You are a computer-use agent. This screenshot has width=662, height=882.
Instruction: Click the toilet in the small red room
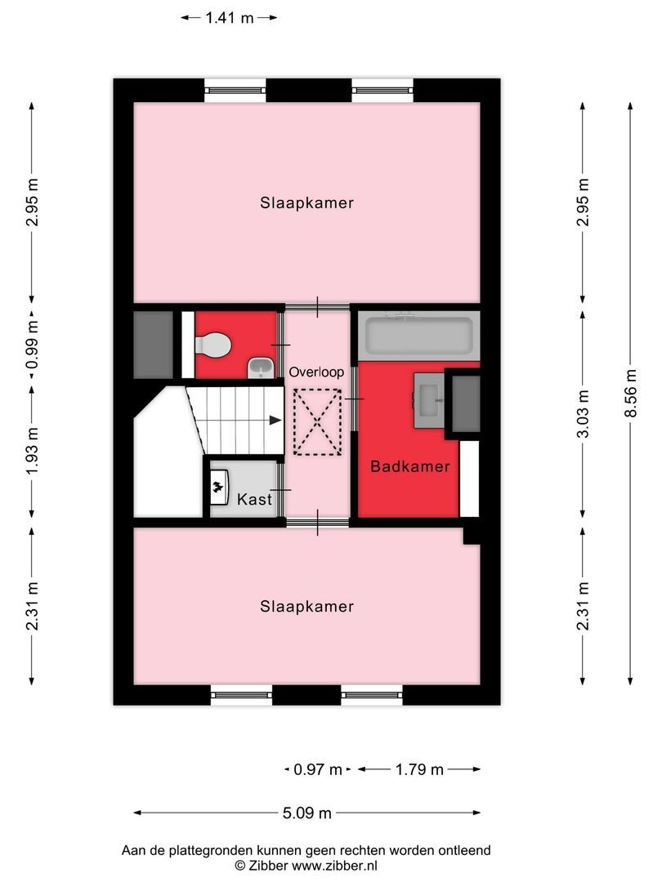(x=212, y=346)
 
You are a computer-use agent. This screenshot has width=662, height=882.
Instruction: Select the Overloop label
(x=316, y=372)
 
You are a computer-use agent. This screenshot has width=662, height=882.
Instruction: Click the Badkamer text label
(x=409, y=467)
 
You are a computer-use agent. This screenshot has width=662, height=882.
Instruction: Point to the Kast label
(x=253, y=499)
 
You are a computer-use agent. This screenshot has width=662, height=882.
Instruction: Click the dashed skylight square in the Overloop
(x=317, y=421)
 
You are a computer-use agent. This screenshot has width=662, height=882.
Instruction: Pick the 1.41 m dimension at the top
(x=229, y=17)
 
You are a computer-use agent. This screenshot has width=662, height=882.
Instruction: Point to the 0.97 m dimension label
(x=318, y=769)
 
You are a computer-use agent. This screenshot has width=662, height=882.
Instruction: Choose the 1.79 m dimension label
(x=418, y=769)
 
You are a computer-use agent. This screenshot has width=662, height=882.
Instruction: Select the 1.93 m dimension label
(x=32, y=451)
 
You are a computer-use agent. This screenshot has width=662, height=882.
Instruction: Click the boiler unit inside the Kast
(x=219, y=488)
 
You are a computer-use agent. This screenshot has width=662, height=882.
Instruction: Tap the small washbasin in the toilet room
(x=260, y=369)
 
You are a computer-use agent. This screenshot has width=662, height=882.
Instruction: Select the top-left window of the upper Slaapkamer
(x=235, y=89)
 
